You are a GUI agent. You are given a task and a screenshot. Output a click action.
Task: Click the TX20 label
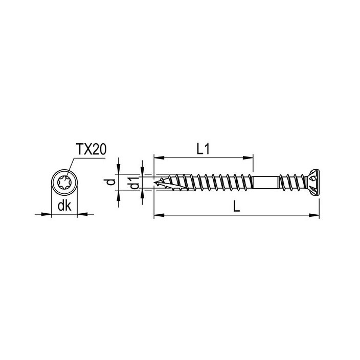click(91, 149)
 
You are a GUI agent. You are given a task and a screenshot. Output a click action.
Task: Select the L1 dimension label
click(204, 149)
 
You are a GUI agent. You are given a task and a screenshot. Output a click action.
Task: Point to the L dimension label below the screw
click(236, 206)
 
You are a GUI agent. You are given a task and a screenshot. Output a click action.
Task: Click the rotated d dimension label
click(111, 182)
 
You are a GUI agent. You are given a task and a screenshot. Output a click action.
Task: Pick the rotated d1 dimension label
click(134, 183)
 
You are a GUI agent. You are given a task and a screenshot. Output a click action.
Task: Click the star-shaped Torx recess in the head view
click(64, 182)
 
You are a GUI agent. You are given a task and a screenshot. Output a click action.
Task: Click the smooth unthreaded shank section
click(265, 182)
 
